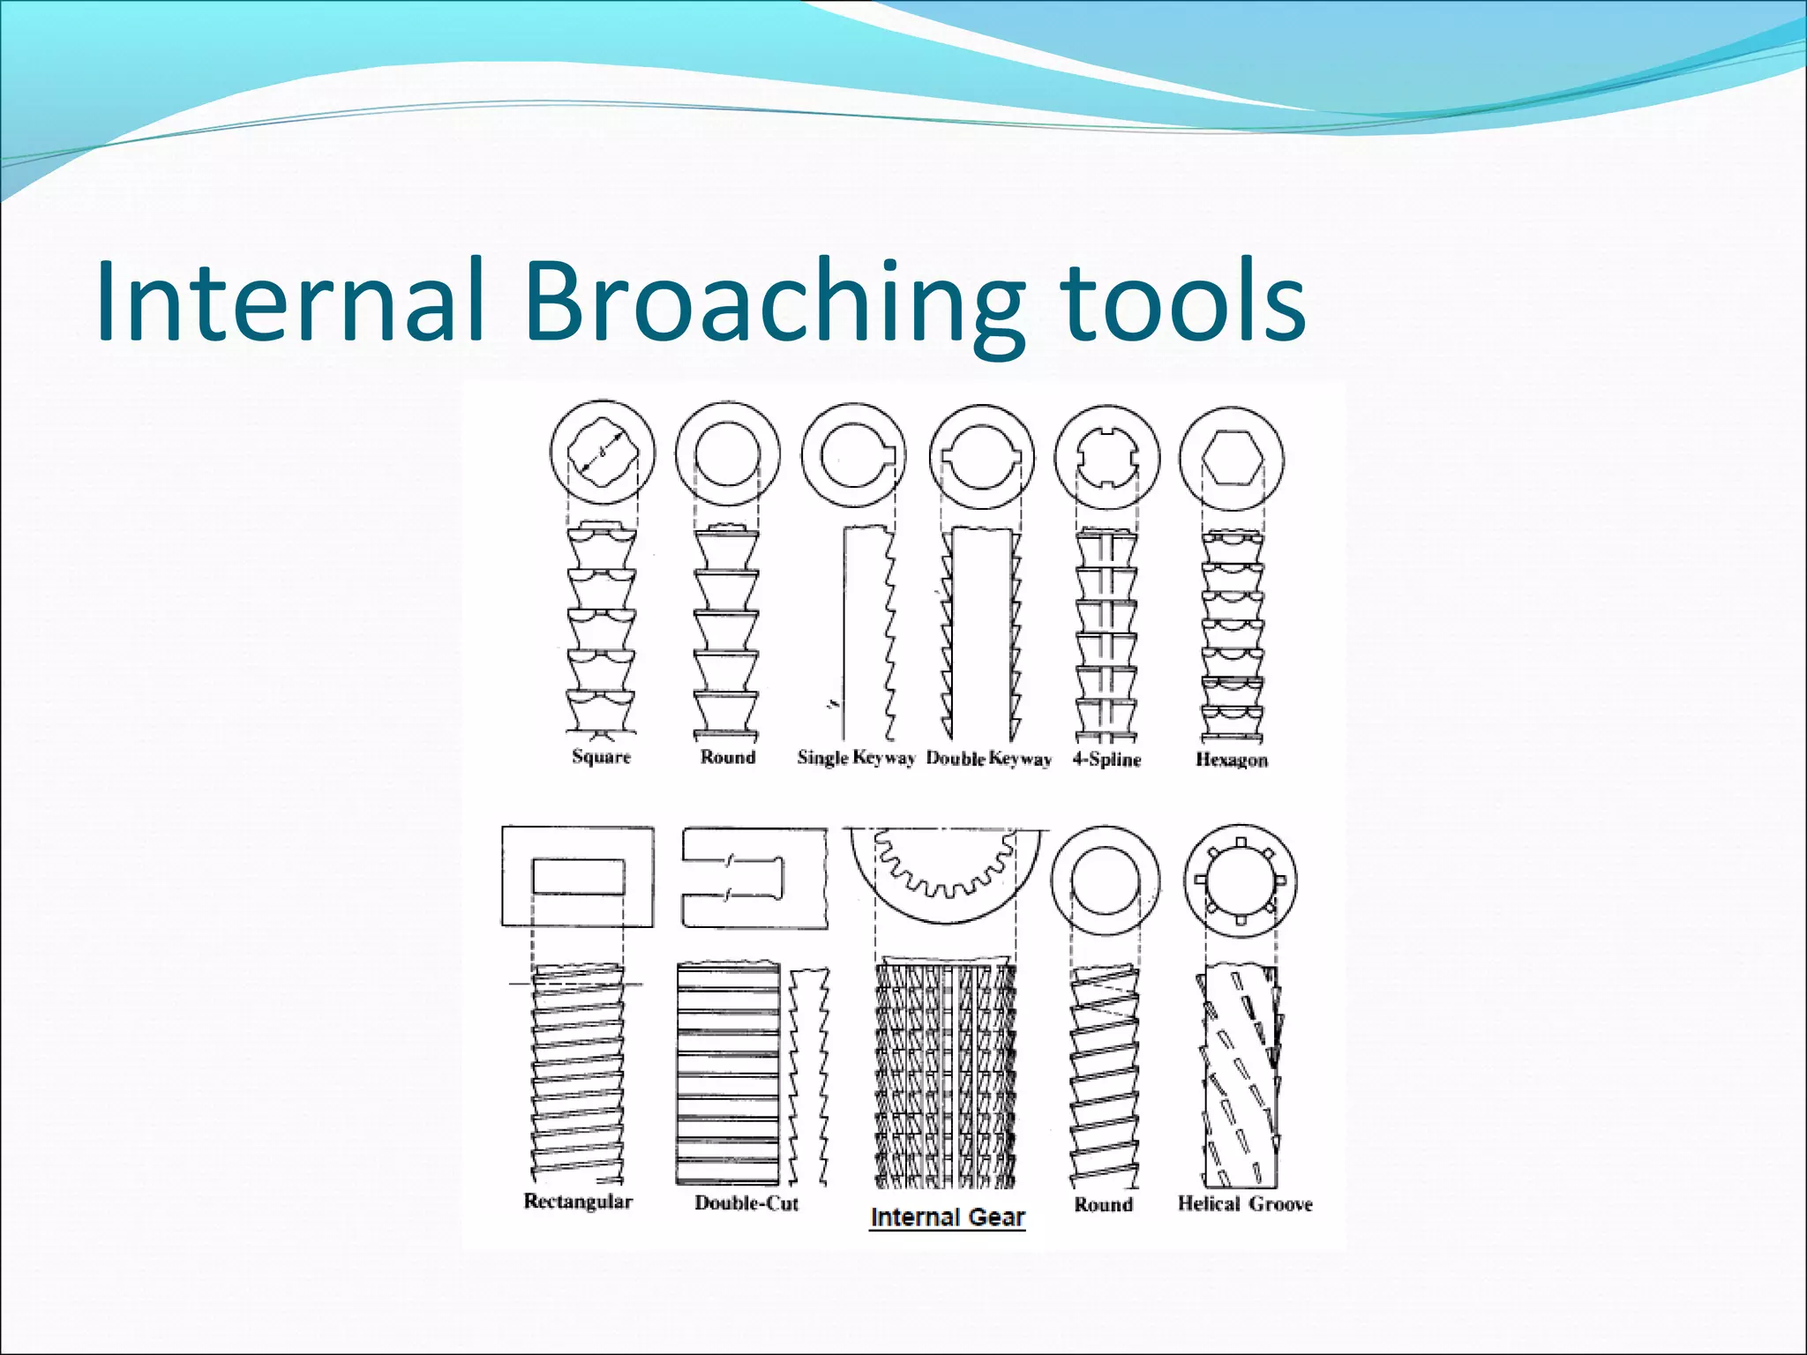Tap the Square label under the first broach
[x=601, y=757]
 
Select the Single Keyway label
[x=856, y=758]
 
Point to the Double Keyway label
[x=988, y=759]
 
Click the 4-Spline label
[x=1106, y=760]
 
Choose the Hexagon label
[x=1231, y=760]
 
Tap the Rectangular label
[x=578, y=1202]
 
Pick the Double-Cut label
[x=746, y=1203]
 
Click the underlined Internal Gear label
[x=947, y=1217]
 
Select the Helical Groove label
[x=1244, y=1204]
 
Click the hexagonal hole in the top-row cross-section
[x=1231, y=459]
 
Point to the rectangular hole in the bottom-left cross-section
[x=578, y=877]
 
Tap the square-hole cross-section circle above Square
[x=603, y=453]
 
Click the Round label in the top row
[x=728, y=757]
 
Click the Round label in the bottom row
[x=1103, y=1204]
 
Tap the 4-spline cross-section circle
[x=1107, y=458]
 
